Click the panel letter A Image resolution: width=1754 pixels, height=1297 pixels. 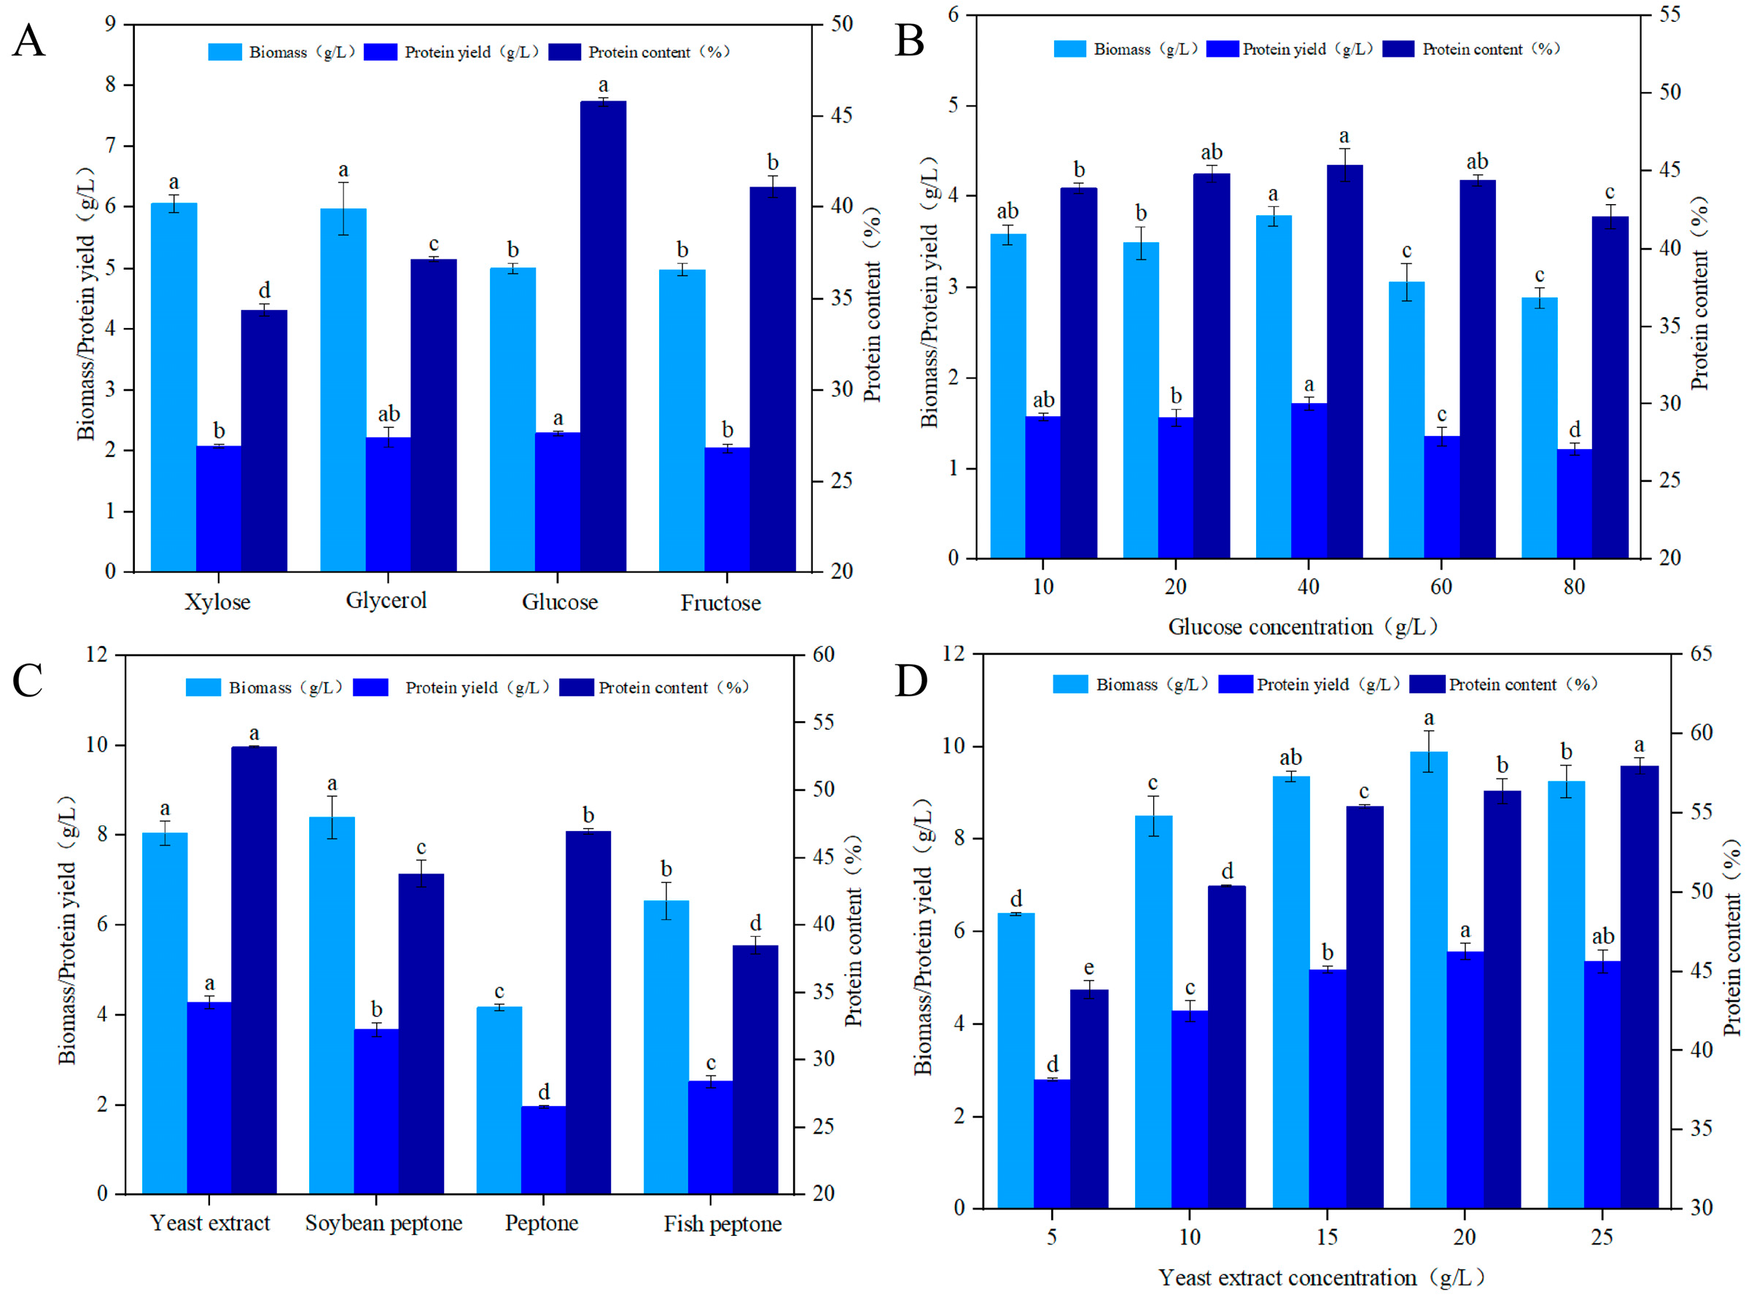pos(29,41)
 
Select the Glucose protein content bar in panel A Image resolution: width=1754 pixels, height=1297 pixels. pos(603,336)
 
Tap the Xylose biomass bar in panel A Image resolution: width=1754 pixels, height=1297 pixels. pos(174,387)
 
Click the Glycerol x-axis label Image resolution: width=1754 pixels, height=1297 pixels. pos(386,601)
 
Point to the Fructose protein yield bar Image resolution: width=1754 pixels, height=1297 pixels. pos(727,510)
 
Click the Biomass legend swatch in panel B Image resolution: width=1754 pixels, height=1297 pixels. pos(1069,50)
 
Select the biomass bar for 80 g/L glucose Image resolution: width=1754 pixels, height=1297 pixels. pos(1540,428)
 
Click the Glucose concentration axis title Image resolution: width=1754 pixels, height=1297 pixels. pos(1303,627)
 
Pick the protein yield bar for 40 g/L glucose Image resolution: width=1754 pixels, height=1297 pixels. pos(1309,480)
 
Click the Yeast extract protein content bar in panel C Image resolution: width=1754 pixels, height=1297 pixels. pos(254,970)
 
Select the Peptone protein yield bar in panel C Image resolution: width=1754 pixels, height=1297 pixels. pos(543,1150)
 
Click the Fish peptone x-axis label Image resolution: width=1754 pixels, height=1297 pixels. pos(722,1224)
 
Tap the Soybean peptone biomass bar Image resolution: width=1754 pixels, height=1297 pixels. pos(331,1005)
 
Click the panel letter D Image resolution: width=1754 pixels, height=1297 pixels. pos(911,682)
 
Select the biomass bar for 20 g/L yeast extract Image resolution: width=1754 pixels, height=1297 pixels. pos(1428,981)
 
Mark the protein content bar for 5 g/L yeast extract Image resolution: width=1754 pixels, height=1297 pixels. pos(1089,1099)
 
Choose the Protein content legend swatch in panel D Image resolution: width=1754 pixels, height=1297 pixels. pos(1427,685)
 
